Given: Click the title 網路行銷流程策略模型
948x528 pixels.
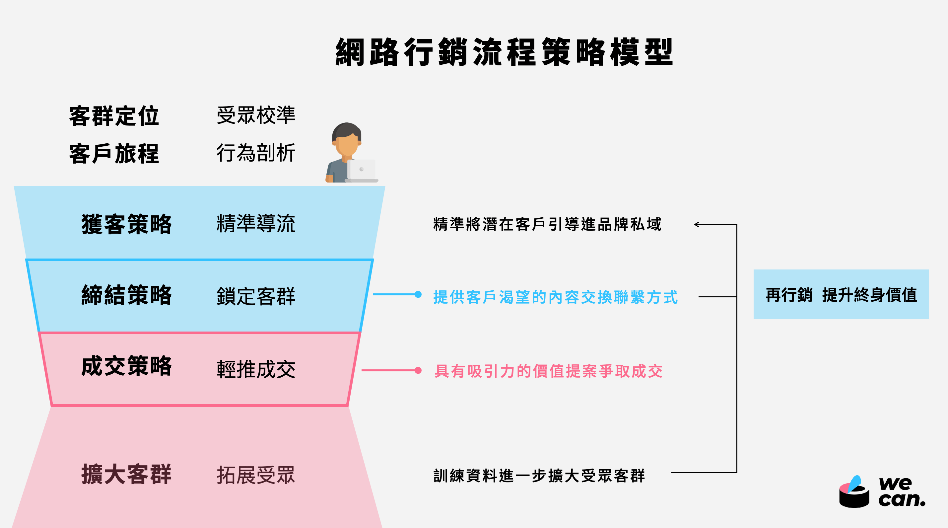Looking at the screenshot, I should [x=504, y=52].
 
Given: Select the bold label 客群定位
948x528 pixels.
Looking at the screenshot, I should [x=114, y=116].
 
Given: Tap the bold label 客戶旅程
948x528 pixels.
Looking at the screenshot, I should [x=114, y=154].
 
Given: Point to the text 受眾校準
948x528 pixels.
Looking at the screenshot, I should [x=256, y=115].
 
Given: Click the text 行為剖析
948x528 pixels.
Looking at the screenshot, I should [x=256, y=153].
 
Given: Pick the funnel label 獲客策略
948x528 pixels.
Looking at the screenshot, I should [x=127, y=224].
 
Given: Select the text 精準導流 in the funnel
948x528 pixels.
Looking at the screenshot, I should [x=256, y=223].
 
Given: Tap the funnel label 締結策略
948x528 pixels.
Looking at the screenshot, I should [x=127, y=295].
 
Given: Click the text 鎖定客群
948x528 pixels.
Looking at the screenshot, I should [x=256, y=296].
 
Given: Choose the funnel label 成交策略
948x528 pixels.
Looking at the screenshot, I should [x=127, y=366].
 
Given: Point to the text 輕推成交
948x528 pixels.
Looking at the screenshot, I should [x=256, y=370].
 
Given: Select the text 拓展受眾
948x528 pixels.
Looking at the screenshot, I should [x=256, y=475].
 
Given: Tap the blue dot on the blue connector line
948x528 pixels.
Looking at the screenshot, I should [x=418, y=294].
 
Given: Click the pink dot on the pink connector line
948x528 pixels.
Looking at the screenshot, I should [x=418, y=370].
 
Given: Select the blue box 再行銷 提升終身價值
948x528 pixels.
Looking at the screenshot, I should [x=841, y=295].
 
